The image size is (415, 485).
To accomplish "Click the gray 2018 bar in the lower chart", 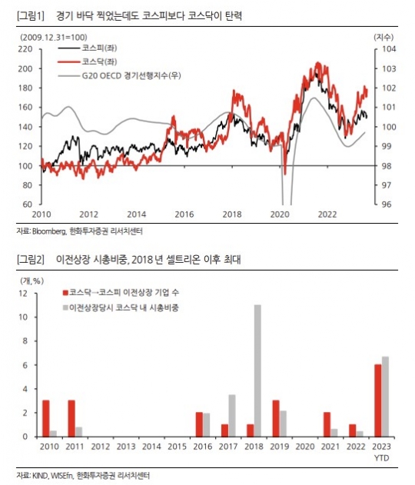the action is tap(257, 370).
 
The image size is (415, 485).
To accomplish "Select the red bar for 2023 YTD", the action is tap(378, 400).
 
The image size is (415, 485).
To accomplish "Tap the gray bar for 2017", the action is tap(232, 416).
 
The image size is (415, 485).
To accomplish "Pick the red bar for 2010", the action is tap(46, 418).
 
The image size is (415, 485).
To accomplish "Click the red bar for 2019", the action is tap(276, 418).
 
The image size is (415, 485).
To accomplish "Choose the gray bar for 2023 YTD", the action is tap(385, 397).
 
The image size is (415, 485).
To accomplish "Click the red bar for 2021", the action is tap(327, 424).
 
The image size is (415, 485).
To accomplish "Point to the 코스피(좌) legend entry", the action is tap(88, 48).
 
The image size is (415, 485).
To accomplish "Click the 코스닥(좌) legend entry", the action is tap(88, 61).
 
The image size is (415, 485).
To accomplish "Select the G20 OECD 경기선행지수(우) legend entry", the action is tap(119, 75).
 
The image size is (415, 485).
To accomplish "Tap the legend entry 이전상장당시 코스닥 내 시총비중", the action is tap(121, 307).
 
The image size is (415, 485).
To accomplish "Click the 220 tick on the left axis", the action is tap(25, 49).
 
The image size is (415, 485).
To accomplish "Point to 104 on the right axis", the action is tap(390, 49).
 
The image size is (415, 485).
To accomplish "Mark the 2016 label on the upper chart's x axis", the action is tap(184, 214).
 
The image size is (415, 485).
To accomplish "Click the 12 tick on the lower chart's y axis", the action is tap(23, 293).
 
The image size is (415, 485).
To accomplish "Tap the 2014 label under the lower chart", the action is tap(151, 447).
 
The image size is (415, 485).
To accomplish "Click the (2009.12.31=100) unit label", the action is tap(54, 38).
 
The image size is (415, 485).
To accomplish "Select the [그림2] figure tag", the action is tap(31, 259).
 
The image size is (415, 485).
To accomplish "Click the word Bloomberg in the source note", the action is tap(49, 231).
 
